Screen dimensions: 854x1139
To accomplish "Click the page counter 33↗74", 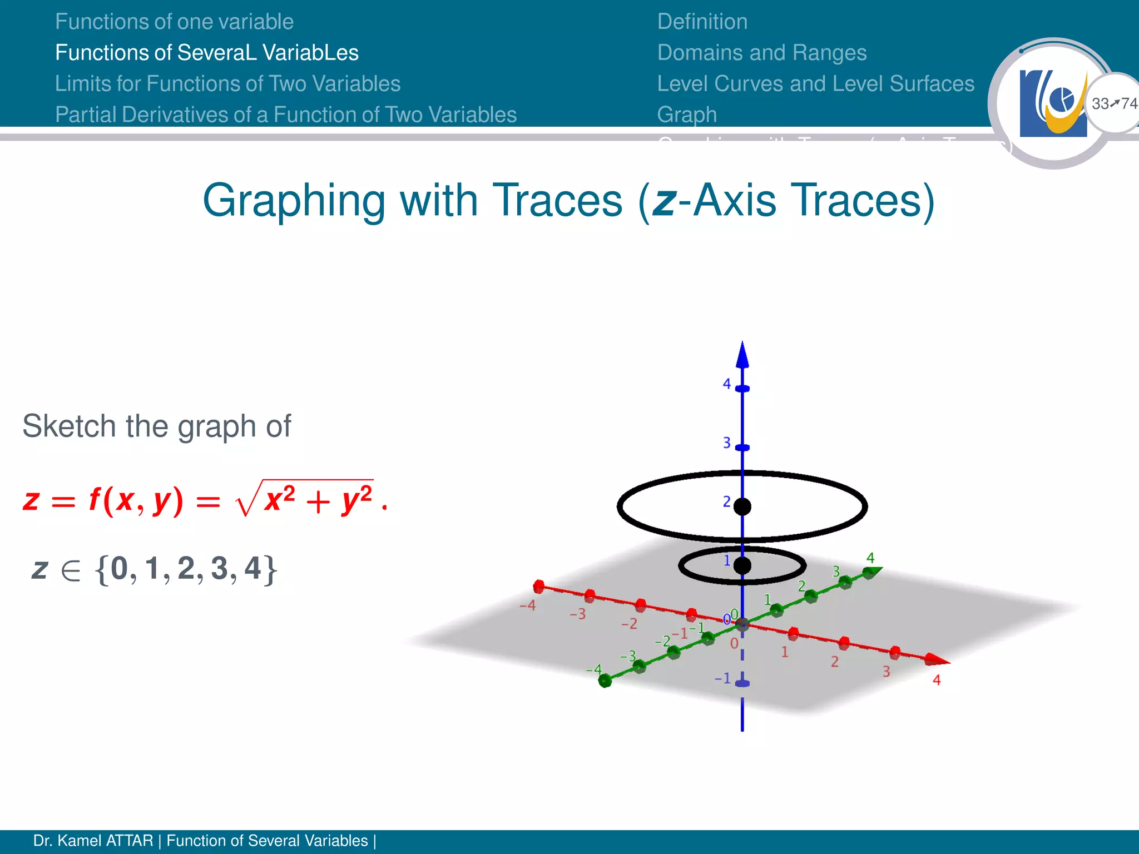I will click(1114, 103).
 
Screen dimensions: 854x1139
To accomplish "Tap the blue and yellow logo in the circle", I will click(1053, 103).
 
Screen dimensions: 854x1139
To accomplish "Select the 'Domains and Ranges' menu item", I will click(761, 53).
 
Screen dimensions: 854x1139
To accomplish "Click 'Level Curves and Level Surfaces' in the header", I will click(815, 84).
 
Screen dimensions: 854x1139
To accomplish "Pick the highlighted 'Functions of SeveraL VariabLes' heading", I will click(207, 53).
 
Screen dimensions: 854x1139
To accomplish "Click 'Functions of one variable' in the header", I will click(174, 22).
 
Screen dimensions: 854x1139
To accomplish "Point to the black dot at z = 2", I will click(742, 507).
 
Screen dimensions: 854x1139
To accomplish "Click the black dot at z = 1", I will click(742, 566).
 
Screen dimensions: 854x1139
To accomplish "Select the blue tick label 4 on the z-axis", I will click(726, 384).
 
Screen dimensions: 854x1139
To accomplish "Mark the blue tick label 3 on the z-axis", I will click(726, 443).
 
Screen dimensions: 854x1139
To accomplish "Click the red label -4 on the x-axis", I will click(527, 605).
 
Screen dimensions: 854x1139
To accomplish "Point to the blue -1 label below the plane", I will click(722, 678).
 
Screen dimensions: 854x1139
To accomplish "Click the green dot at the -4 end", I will click(605, 681).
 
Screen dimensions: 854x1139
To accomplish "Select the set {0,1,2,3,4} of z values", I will click(186, 569).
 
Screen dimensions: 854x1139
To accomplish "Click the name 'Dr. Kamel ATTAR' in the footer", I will click(93, 841).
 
